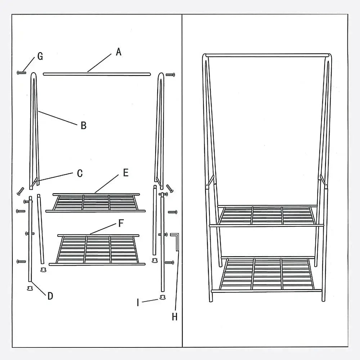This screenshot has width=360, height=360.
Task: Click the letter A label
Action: (118, 52)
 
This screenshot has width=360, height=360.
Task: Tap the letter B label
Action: (84, 125)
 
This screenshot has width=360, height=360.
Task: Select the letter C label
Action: (80, 174)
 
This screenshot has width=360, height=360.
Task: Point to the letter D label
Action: (50, 296)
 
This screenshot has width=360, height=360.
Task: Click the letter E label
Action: (126, 173)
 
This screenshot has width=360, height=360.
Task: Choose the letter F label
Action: (121, 223)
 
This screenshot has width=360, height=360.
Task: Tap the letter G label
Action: (40, 56)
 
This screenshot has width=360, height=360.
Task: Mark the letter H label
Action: (175, 317)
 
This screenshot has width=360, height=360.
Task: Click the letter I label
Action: (138, 302)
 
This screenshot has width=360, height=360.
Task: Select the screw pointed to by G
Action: (21, 73)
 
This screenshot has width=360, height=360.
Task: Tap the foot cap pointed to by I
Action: (163, 298)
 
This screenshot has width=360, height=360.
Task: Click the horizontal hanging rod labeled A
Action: (96, 74)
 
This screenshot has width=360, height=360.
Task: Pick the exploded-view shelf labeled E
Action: (95, 203)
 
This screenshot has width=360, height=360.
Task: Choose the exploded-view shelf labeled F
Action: (97, 250)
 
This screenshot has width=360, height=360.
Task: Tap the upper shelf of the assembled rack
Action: (266, 216)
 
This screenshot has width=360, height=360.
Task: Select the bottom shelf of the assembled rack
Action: (266, 274)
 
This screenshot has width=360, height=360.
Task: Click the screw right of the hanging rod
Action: (170, 75)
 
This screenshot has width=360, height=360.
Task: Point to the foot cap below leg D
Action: (30, 288)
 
